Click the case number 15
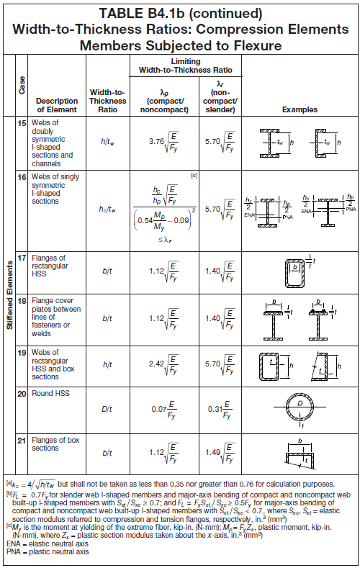(22, 123)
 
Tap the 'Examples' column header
(300, 109)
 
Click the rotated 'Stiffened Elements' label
(10, 295)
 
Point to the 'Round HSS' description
(50, 393)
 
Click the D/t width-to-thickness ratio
(107, 410)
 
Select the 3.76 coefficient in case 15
(156, 141)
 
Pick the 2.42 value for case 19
(156, 364)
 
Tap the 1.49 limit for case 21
(213, 452)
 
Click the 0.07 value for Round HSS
(159, 410)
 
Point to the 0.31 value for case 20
(215, 410)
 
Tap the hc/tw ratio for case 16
(107, 209)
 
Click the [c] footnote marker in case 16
(194, 176)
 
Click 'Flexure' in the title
(258, 45)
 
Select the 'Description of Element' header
(57, 105)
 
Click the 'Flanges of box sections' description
(55, 444)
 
